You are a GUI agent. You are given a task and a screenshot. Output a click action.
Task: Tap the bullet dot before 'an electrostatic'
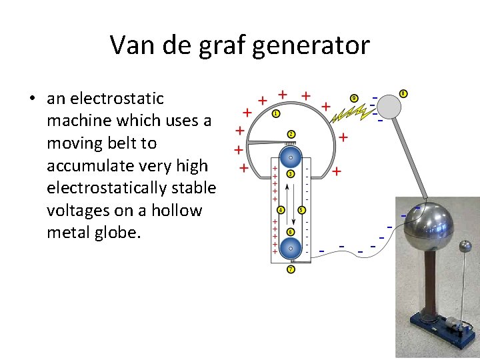tap(32, 99)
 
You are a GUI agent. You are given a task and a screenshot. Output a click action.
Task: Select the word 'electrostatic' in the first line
tap(105, 99)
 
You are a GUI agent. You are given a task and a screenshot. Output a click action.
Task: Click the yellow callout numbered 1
tap(276, 114)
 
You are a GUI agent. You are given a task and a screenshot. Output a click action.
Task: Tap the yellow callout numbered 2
tap(291, 134)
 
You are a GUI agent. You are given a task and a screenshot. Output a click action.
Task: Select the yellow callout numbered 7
tap(291, 269)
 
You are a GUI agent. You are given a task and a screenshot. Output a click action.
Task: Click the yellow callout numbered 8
tap(403, 93)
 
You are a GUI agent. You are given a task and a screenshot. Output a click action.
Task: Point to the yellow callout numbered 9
tap(355, 99)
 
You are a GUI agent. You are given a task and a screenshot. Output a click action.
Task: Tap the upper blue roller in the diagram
tap(291, 157)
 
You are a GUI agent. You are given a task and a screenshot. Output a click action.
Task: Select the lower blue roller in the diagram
tap(291, 247)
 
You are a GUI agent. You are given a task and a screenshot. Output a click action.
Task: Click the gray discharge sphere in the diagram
tap(389, 107)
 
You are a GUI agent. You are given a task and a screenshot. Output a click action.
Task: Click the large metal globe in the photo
tap(433, 226)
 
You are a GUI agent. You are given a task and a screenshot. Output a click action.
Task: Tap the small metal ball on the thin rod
tap(465, 247)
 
